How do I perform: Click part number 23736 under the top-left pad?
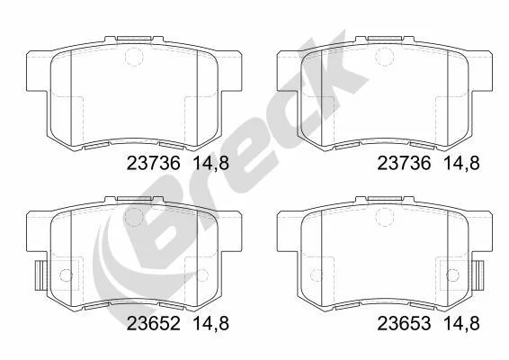(153, 163)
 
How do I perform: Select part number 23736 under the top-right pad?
(404, 163)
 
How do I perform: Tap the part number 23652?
(153, 323)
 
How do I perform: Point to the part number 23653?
(404, 323)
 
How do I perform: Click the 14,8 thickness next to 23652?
(211, 324)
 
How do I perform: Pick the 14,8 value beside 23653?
(461, 324)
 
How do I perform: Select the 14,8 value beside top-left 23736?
(211, 164)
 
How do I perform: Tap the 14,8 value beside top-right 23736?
(461, 164)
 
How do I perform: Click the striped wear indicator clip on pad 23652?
(40, 275)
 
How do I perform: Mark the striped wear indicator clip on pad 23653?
(478, 275)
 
